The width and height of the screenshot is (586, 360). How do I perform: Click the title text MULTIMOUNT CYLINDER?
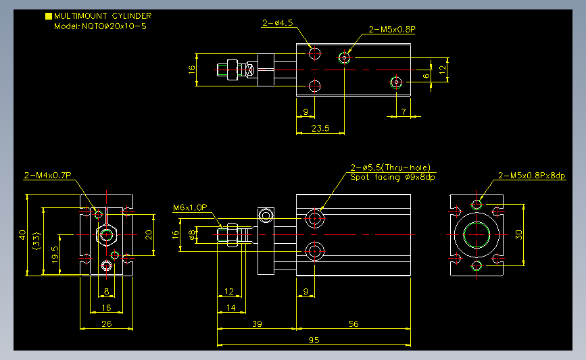coord(103,16)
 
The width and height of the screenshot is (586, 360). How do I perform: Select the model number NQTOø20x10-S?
coord(114,26)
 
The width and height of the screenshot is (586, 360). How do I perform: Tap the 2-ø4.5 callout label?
coord(277,23)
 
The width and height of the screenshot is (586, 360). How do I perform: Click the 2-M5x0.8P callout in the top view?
coord(392,30)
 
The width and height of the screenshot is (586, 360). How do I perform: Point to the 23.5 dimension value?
coord(320,128)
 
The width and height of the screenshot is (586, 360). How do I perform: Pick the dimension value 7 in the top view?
coord(404,111)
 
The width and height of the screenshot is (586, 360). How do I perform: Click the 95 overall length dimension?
coord(314,340)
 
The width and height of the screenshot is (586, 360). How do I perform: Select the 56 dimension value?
coord(353,324)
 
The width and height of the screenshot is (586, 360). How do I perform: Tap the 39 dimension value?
coord(257,324)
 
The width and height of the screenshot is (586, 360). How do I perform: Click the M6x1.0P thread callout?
coord(190,207)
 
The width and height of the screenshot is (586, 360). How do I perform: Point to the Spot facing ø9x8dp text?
coord(393,177)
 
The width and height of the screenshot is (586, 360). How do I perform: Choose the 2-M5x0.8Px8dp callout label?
coord(532,176)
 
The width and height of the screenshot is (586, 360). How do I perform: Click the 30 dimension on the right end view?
coord(518,235)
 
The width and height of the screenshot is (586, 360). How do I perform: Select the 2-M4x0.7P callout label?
coord(47,175)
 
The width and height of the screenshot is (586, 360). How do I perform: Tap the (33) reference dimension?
coord(36,241)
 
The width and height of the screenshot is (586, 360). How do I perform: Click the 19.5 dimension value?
coord(55,255)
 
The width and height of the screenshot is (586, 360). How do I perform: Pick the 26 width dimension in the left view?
coord(107,324)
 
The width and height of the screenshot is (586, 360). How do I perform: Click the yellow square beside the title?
coord(49,16)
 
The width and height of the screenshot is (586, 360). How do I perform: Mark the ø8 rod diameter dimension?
coord(192,234)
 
